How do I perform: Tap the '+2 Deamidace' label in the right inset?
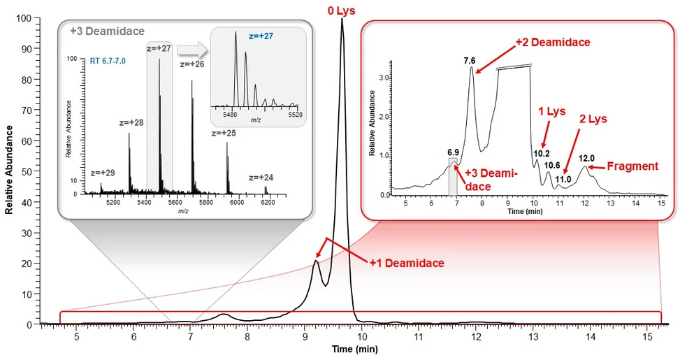point(552,43)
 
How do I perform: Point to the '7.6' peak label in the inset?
point(470,62)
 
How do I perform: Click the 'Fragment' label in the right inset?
point(632,166)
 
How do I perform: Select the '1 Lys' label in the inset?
point(551,112)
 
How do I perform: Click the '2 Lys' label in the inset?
point(592,120)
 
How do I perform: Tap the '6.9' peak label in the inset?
point(453,152)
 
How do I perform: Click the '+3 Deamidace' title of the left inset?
point(107,31)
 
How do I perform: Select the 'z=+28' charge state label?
point(131,122)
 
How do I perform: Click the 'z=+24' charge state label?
point(261,178)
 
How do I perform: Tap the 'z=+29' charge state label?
point(103,172)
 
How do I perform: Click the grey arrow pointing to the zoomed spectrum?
point(190,50)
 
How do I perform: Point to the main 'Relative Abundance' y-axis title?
point(10,170)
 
